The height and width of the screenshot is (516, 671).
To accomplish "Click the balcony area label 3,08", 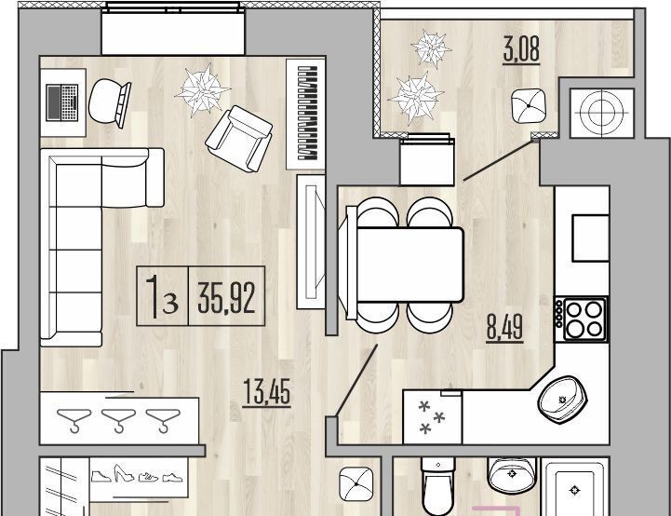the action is click(521, 49).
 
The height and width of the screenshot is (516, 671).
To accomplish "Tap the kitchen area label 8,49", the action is click(505, 328).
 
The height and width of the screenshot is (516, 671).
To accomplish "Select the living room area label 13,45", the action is click(266, 392).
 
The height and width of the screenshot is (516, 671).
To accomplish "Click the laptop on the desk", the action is click(62, 102).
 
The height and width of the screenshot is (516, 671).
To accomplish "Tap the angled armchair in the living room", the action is click(239, 138).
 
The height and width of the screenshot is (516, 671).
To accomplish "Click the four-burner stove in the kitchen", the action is click(581, 319).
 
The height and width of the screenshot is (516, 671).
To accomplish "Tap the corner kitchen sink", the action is click(563, 400).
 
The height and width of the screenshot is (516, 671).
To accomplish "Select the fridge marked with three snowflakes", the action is click(432, 417).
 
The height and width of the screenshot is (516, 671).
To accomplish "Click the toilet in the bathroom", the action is click(437, 486).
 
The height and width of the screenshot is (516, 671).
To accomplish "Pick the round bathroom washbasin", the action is click(512, 475).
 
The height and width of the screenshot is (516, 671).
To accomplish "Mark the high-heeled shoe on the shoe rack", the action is click(124, 473).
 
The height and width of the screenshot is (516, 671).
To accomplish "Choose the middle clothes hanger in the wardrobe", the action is click(118, 420).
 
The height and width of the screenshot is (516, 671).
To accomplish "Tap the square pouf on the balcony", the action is click(529, 105).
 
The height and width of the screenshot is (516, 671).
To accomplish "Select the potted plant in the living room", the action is click(202, 90).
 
